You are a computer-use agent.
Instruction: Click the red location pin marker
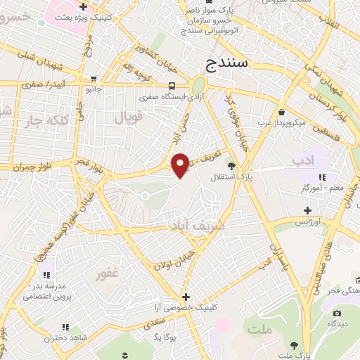[181, 165]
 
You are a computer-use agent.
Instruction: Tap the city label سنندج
[229, 65]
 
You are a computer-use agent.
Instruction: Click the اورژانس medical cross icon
[307, 210]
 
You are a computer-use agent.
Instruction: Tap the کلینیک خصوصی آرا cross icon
[186, 296]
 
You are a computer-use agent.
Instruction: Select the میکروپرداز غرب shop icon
[281, 112]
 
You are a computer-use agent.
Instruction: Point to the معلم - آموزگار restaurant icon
[322, 177]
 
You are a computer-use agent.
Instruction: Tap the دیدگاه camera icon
[337, 313]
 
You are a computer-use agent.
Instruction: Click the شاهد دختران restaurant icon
[66, 327]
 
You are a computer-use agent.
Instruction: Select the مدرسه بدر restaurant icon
[47, 275]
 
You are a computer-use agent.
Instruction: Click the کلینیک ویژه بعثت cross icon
[83, 6]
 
